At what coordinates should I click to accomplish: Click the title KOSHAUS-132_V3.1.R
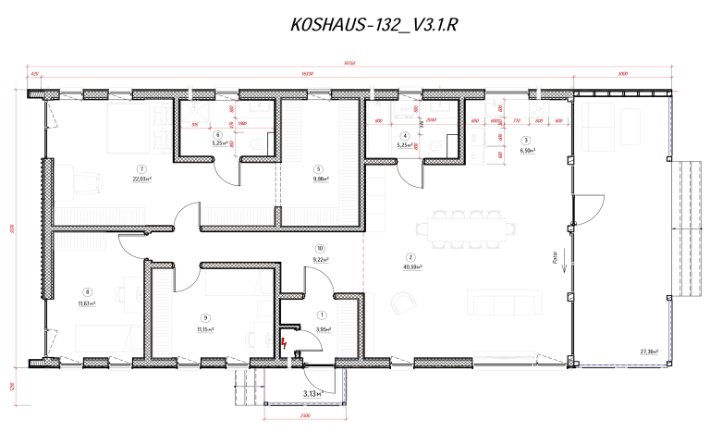373,25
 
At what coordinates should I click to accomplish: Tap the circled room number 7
141,169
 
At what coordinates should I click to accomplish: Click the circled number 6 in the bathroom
219,135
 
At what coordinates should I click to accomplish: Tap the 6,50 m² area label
528,150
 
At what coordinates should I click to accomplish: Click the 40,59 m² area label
412,267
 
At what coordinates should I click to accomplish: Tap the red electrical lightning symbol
287,344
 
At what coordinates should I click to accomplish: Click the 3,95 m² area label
323,328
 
